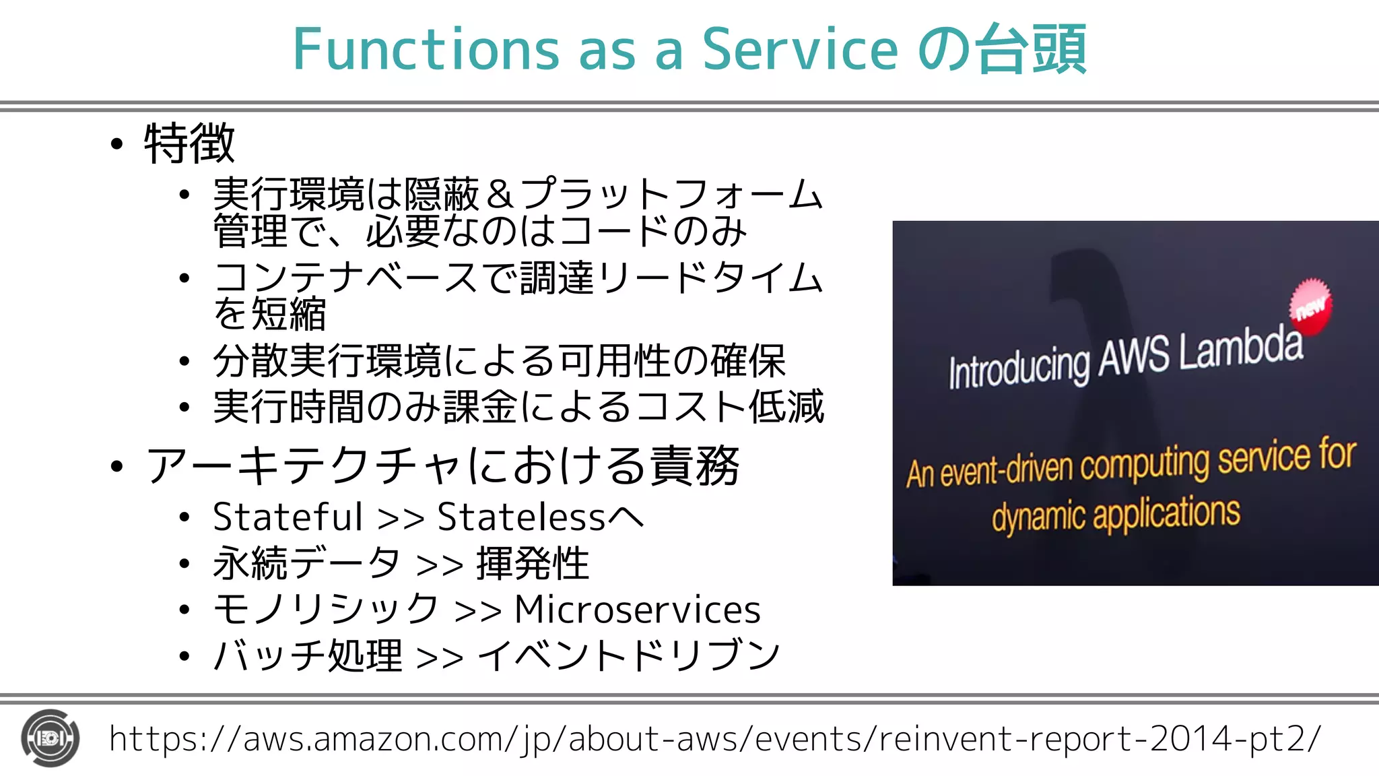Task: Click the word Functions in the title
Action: pos(426,49)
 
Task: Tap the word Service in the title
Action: pos(800,49)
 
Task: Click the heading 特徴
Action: pos(189,143)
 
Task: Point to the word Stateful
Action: pos(288,517)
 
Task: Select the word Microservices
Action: pos(637,610)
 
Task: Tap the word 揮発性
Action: pos(533,563)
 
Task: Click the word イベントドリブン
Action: pos(628,655)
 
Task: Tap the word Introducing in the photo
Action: pos(1018,368)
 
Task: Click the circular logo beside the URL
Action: pos(50,738)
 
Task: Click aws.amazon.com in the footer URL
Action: pos(374,739)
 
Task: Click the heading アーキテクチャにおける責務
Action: pos(442,465)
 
